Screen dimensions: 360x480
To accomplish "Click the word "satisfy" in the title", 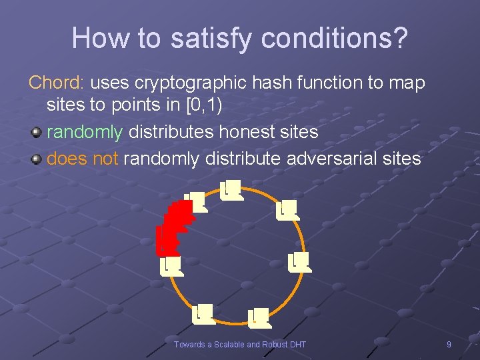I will pos(209,38).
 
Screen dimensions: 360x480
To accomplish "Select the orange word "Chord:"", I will pos(56,83).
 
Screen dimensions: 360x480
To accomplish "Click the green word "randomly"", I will pos(85,132).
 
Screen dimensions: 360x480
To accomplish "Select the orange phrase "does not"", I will pos(83,159).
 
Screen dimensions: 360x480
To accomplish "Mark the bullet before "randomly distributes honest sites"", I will pos(37,133).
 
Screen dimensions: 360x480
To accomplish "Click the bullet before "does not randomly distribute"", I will pos(37,159).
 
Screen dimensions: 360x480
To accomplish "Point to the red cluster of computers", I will pos(173,227).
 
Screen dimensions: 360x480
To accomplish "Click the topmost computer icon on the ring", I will pos(231,190).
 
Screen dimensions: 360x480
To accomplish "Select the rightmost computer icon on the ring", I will pos(300,262).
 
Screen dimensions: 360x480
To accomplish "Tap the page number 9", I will pos(449,344).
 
